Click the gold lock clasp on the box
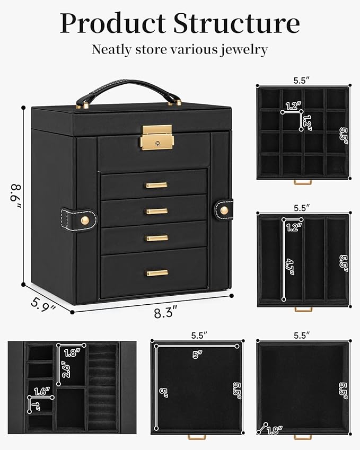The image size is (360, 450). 157,137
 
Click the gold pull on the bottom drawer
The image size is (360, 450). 157,272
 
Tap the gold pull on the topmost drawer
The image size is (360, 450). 157,185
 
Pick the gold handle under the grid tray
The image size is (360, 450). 303,183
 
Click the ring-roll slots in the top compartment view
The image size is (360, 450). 102,387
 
